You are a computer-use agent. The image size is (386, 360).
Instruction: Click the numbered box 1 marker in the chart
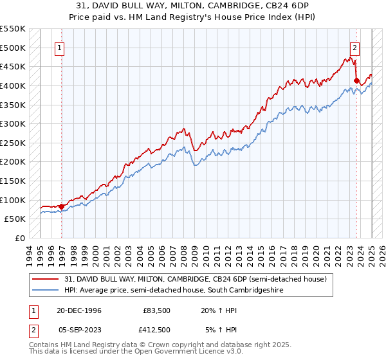pyautogui.click(x=59, y=47)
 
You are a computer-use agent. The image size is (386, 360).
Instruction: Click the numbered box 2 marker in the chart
pyautogui.click(x=354, y=47)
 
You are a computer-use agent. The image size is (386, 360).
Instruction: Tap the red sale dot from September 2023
pyautogui.click(x=356, y=80)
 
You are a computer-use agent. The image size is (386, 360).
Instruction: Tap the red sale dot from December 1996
pyautogui.click(x=62, y=206)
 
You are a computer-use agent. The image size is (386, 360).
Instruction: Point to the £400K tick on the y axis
pyautogui.click(x=14, y=85)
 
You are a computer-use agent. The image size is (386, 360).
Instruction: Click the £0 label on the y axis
pyautogui.click(x=20, y=238)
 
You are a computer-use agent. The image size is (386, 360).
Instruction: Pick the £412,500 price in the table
pyautogui.click(x=156, y=329)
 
